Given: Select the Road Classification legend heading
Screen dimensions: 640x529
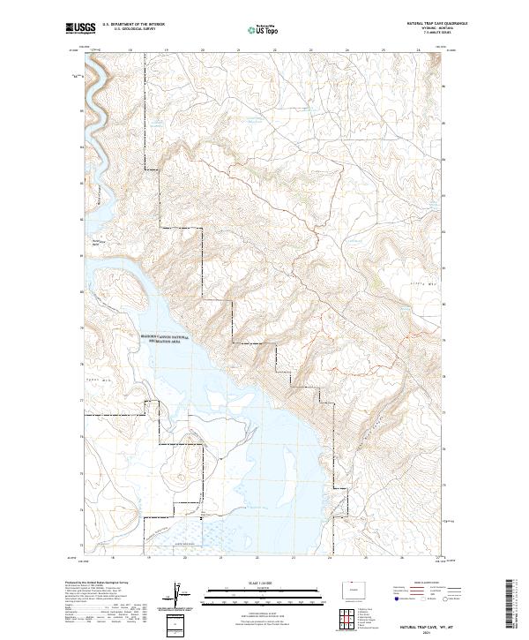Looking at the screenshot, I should (x=415, y=584).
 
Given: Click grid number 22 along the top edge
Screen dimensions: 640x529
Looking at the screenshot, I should (x=274, y=50).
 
